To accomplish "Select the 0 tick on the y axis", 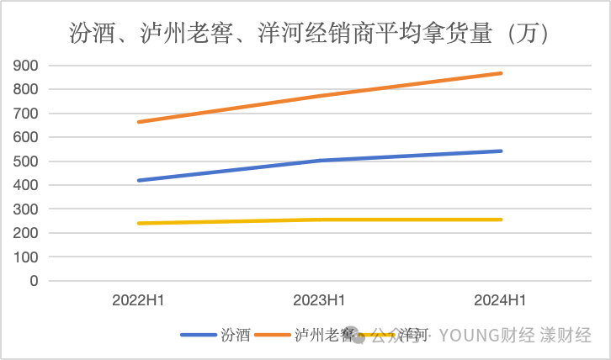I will tap(35, 281).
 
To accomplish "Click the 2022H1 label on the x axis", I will tap(138, 300).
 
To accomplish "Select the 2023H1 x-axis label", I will tap(320, 300).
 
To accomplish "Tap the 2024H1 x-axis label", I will tap(502, 300).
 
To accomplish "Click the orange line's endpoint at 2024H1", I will tap(502, 73).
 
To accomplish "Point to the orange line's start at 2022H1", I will tap(138, 122).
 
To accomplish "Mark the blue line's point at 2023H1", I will tap(320, 161).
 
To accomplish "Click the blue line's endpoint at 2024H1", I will tap(502, 151).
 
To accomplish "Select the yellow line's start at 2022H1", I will tap(138, 223).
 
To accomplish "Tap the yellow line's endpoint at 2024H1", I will tap(502, 220).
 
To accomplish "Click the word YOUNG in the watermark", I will tap(471, 336).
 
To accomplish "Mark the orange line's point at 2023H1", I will tap(320, 96).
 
